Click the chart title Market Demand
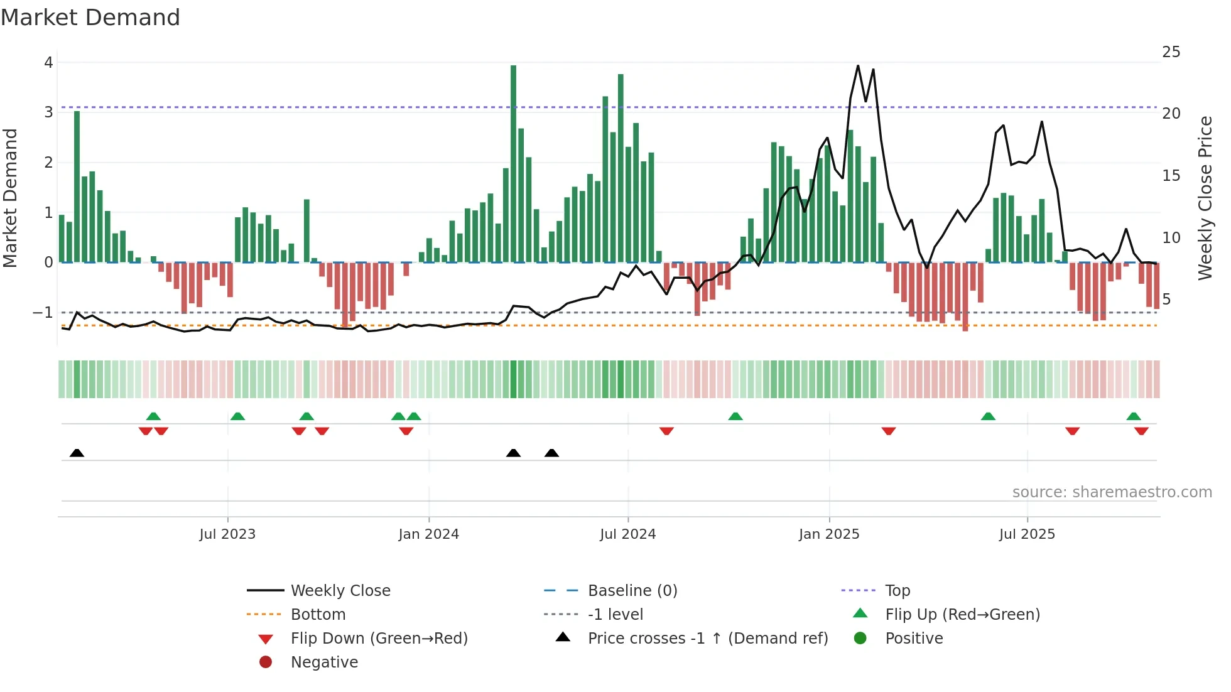tap(90, 18)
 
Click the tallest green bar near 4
tap(513, 163)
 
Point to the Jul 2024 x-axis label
tap(627, 534)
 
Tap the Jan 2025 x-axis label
tap(828, 534)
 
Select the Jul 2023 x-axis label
tap(227, 534)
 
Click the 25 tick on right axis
tap(1171, 52)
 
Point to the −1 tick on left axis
tap(43, 312)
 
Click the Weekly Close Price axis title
tap(1205, 198)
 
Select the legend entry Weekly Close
tap(340, 590)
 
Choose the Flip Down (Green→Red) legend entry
tap(379, 638)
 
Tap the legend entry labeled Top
tap(897, 590)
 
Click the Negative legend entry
tap(324, 662)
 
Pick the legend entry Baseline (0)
tap(632, 590)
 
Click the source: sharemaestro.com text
tap(1112, 492)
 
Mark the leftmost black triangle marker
tap(77, 453)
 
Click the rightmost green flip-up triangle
tap(1133, 416)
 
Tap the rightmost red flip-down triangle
tap(1141, 431)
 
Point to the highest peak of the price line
tap(858, 66)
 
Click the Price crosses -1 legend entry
tap(707, 638)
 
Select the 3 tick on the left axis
tap(48, 112)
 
